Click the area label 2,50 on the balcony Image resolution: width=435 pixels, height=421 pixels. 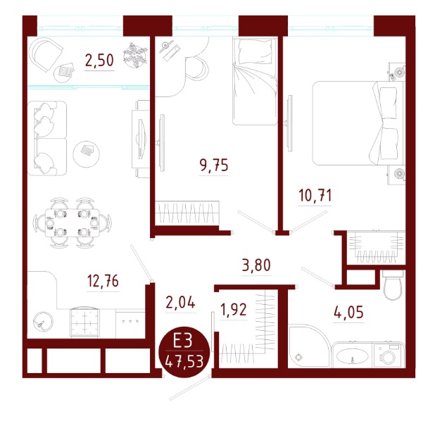tap(99, 61)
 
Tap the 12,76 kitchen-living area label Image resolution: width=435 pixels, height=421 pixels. tap(103, 281)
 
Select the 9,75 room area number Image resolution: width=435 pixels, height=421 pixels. tap(213, 165)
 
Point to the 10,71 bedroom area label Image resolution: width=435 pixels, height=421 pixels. tap(315, 196)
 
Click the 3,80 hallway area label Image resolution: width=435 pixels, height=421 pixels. tap(256, 265)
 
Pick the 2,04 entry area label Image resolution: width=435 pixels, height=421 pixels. tap(180, 302)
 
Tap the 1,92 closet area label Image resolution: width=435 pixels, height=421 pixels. tap(233, 309)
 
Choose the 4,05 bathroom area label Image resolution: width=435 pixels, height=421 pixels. tap(348, 312)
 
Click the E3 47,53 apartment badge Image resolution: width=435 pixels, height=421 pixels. tap(184, 352)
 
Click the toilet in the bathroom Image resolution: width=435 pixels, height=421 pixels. tap(393, 284)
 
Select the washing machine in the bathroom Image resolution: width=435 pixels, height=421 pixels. tap(388, 356)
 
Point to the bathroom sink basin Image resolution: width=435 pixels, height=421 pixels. tap(352, 357)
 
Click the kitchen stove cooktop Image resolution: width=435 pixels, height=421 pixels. tap(84, 322)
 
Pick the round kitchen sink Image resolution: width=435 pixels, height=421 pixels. tap(43, 322)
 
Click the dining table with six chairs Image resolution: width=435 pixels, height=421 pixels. tap(72, 222)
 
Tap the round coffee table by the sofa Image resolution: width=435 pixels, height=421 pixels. tap(87, 153)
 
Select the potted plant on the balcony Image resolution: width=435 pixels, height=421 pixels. tap(135, 55)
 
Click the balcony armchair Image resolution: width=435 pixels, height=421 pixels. tap(46, 54)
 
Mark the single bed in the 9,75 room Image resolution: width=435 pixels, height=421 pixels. tap(255, 81)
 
